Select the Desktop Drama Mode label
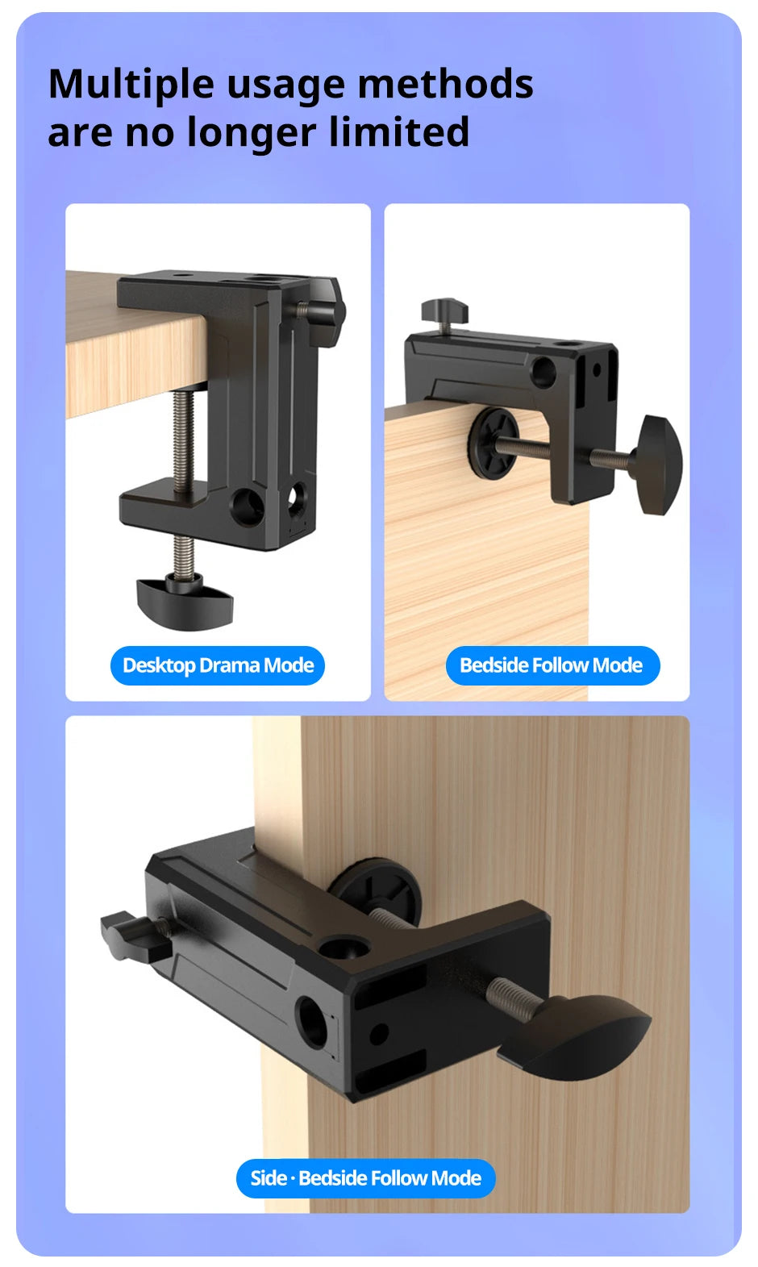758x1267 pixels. (x=218, y=665)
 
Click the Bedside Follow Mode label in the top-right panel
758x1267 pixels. (x=552, y=665)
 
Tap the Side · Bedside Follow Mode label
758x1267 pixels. (x=365, y=1178)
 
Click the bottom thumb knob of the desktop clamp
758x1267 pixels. (x=185, y=598)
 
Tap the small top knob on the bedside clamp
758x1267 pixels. (x=444, y=310)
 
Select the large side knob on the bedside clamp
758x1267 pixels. (x=660, y=464)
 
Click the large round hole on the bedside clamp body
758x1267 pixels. (x=544, y=371)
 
